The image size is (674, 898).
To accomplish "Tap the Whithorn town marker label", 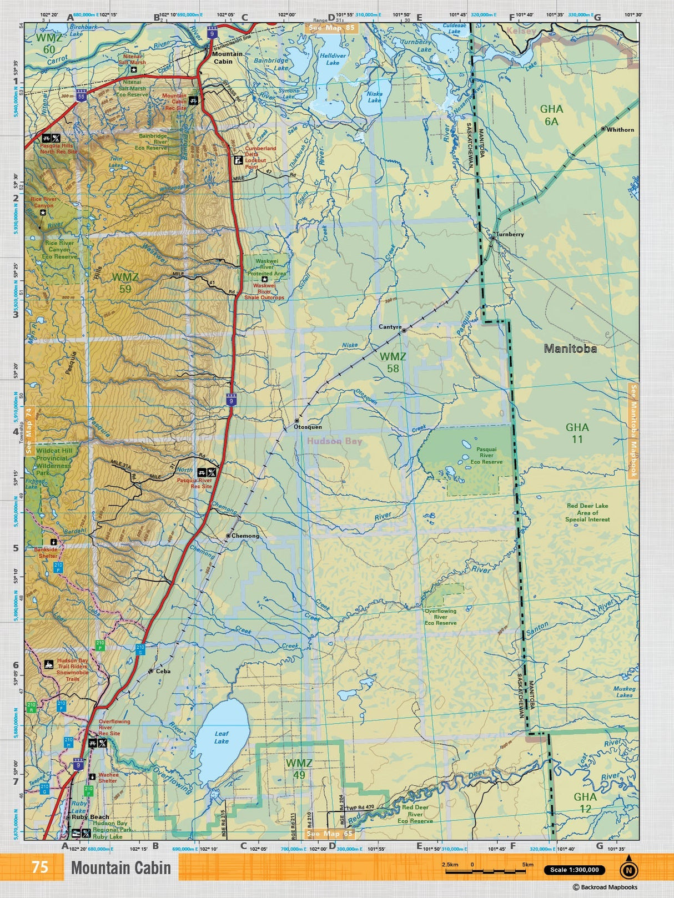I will [620, 130].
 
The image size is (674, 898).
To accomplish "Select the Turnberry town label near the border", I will [510, 234].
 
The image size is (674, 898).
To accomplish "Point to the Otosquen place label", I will [308, 427].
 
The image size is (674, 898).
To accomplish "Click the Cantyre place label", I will [390, 327].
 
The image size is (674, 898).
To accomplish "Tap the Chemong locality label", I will [245, 536].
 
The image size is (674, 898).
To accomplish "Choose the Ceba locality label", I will [163, 672].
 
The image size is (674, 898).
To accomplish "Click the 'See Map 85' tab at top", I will [331, 28].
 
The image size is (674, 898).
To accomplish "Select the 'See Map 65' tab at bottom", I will [330, 834].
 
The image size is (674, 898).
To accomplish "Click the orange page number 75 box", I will [39, 867].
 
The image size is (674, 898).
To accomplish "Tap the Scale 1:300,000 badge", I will [574, 870].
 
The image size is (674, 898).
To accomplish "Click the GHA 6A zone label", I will [551, 115].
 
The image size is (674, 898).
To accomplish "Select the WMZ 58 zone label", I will [393, 362].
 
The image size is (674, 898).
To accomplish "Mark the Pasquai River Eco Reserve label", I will [486, 456].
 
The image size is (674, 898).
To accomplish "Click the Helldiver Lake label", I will [333, 59].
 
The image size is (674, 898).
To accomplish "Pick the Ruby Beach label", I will [90, 817].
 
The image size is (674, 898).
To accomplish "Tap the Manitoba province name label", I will [570, 349].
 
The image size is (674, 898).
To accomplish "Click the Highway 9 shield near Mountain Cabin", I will [212, 33].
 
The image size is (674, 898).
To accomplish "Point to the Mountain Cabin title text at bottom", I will [121, 867].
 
